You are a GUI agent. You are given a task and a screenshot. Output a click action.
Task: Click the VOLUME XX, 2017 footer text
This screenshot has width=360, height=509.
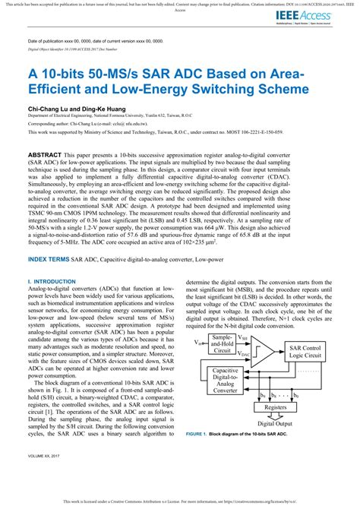[x=46, y=479]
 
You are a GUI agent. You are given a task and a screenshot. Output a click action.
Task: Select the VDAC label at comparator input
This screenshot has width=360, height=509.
[x=245, y=354]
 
